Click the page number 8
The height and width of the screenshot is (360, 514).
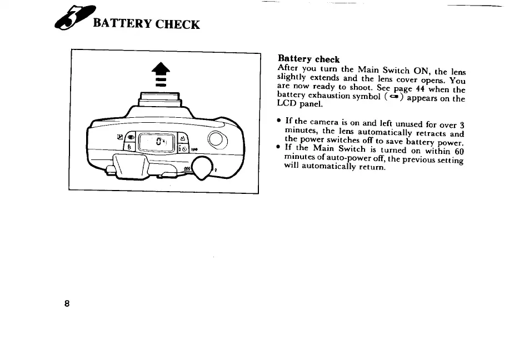tap(67, 304)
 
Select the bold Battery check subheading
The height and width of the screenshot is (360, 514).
tap(308, 59)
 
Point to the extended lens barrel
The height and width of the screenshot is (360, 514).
tap(160, 100)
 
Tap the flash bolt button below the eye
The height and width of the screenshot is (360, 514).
tap(130, 148)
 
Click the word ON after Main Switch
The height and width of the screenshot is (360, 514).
tap(420, 71)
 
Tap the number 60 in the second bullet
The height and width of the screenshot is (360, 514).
tap(458, 151)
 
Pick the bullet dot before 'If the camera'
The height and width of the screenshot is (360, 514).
tap(279, 121)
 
